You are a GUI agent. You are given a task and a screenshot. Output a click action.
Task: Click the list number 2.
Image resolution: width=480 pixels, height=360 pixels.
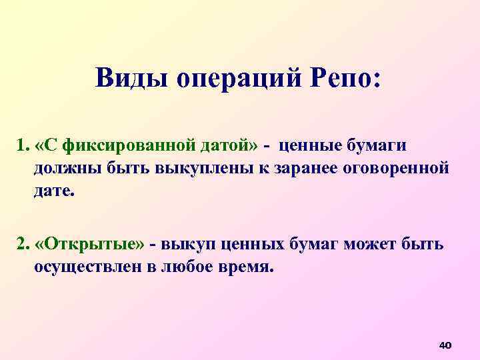[22, 244]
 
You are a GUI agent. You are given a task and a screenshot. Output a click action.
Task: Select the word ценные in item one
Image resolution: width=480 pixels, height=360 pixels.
[311, 145]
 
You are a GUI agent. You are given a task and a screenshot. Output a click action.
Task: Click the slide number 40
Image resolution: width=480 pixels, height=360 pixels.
[445, 345]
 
